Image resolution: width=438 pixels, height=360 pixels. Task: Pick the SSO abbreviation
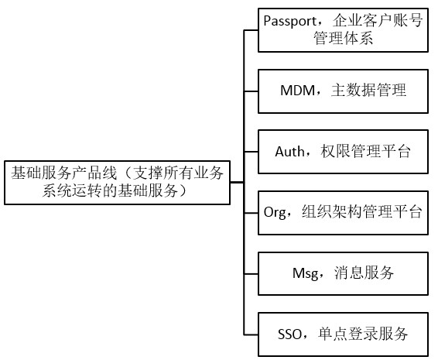click(x=293, y=334)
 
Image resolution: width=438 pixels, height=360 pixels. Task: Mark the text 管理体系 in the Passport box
click(x=341, y=39)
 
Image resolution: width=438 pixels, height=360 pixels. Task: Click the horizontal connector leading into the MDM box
click(x=251, y=91)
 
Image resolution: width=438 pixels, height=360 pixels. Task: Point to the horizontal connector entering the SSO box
click(x=251, y=334)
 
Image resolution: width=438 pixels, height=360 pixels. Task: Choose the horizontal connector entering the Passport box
click(x=251, y=30)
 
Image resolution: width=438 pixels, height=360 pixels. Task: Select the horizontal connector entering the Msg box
click(x=251, y=273)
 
